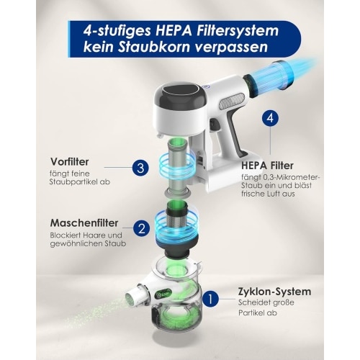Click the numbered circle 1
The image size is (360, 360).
210,299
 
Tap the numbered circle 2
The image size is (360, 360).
141,228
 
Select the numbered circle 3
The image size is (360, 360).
140,168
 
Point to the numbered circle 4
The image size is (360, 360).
270,118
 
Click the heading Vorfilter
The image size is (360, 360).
70,162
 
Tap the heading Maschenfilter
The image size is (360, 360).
84,223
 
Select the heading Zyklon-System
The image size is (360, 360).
274,292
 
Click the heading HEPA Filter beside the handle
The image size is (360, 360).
267,166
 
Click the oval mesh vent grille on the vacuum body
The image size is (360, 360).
232,100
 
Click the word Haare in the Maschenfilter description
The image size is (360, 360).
92,235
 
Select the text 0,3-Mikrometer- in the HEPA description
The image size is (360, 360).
292,178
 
